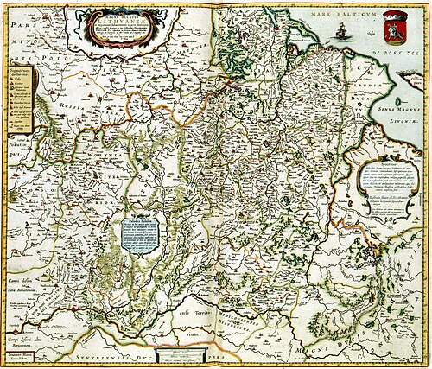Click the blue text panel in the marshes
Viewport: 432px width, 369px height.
click(140, 234)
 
